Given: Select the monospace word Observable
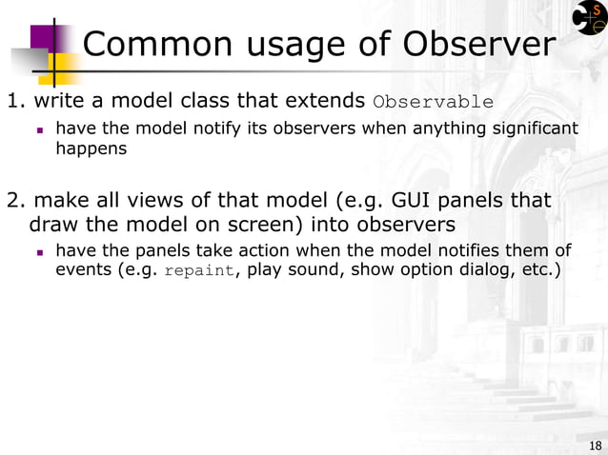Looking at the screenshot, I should (434, 102).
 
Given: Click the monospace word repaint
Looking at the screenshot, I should (198, 270).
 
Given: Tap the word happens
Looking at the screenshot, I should (91, 148).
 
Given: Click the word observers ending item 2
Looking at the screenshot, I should (399, 225).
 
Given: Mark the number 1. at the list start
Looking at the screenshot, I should (16, 101).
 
